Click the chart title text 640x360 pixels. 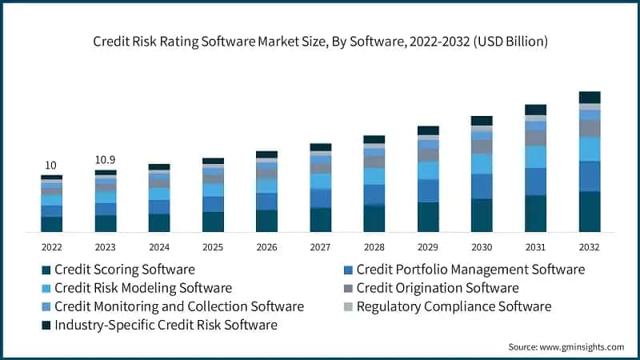point(320,41)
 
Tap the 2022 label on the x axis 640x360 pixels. point(51,247)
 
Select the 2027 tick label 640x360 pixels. point(320,247)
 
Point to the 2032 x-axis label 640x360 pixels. point(590,247)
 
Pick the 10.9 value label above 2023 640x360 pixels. point(105,160)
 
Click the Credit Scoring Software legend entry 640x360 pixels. point(124,270)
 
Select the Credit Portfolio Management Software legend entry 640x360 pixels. point(470,270)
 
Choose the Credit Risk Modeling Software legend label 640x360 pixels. point(142,288)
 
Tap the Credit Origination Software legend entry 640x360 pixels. point(438,288)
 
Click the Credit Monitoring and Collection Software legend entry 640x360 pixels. point(178,306)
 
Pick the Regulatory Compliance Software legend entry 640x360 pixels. point(454,306)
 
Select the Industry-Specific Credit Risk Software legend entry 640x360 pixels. point(166,325)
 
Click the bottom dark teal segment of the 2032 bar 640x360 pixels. point(590,212)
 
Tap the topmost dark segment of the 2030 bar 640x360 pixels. point(482,121)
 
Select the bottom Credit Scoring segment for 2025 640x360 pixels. point(213,222)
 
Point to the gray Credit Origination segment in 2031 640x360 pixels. point(536,138)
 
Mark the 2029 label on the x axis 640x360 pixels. point(428,247)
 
